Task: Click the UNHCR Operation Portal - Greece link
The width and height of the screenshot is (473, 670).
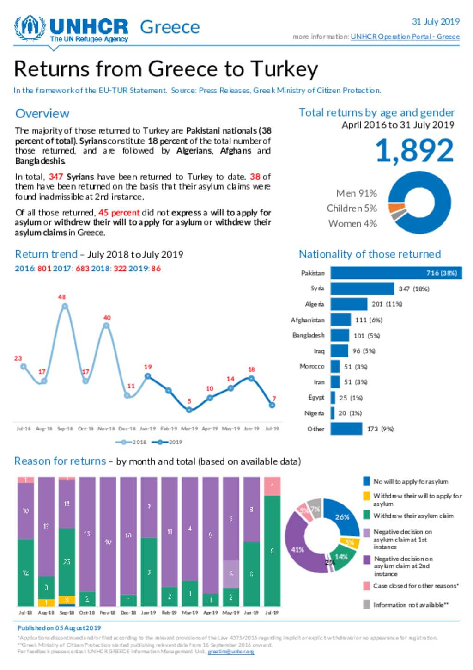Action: click(405, 37)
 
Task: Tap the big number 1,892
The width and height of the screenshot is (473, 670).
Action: click(414, 151)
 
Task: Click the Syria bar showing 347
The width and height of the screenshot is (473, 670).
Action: click(362, 289)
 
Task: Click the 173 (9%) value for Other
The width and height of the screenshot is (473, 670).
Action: click(380, 429)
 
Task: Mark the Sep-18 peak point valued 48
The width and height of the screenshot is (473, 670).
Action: click(65, 306)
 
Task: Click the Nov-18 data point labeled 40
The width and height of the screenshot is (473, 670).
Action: click(106, 326)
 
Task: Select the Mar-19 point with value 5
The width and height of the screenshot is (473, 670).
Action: click(189, 410)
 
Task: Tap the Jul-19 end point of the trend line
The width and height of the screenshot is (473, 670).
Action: click(272, 405)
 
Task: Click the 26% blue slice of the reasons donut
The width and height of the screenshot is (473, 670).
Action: click(342, 517)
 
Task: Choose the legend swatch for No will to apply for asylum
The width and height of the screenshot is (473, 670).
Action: click(366, 481)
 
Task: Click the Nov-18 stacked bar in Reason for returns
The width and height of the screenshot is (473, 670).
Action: click(108, 541)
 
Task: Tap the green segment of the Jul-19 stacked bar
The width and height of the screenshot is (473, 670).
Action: click(272, 550)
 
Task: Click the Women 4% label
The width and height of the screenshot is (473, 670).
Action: click(352, 223)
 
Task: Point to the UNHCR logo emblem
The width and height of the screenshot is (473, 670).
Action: click(30, 28)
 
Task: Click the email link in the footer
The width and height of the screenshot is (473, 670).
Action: click(230, 652)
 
